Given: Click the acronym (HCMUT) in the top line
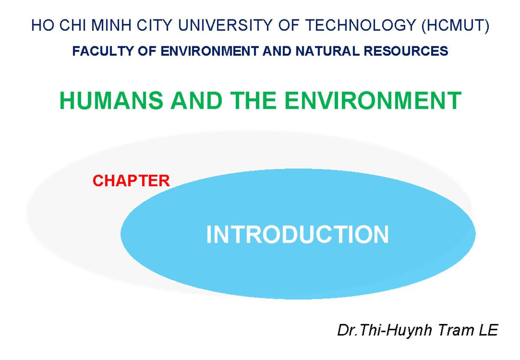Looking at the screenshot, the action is coord(455,26).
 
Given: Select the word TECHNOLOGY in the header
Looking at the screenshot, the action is coord(360,25).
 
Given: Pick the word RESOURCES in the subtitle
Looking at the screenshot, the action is coord(406,51).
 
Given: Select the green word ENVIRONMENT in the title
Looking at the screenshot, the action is coord(373,100).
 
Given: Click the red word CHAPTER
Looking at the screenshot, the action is coord(131,181).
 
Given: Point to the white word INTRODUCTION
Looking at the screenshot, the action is coord(298,234).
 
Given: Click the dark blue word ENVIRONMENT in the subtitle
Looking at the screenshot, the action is coord(210,51).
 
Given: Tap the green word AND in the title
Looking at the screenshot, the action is coord(197,100).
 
